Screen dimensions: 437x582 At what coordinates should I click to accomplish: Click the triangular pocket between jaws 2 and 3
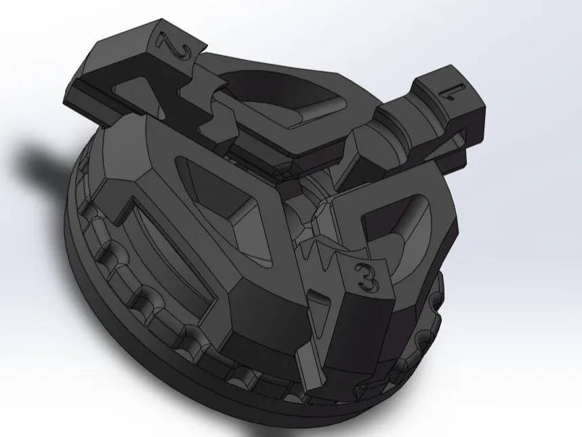(x=224, y=197)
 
